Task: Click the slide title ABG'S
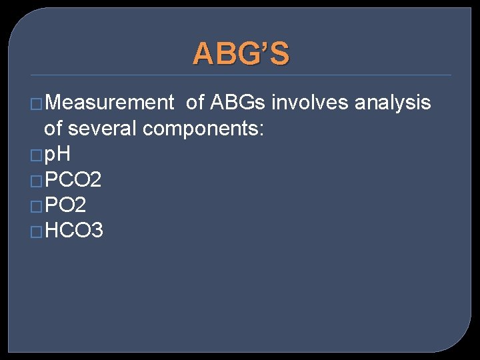click(x=241, y=54)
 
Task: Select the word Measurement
click(x=109, y=103)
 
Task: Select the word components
click(x=204, y=129)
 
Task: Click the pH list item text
click(x=57, y=155)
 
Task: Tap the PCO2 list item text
click(x=73, y=180)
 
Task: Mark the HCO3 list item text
click(x=73, y=231)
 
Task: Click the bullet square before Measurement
click(x=37, y=104)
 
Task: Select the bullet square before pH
click(x=37, y=155)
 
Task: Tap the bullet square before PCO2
click(x=37, y=181)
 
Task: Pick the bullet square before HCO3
click(x=37, y=232)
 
